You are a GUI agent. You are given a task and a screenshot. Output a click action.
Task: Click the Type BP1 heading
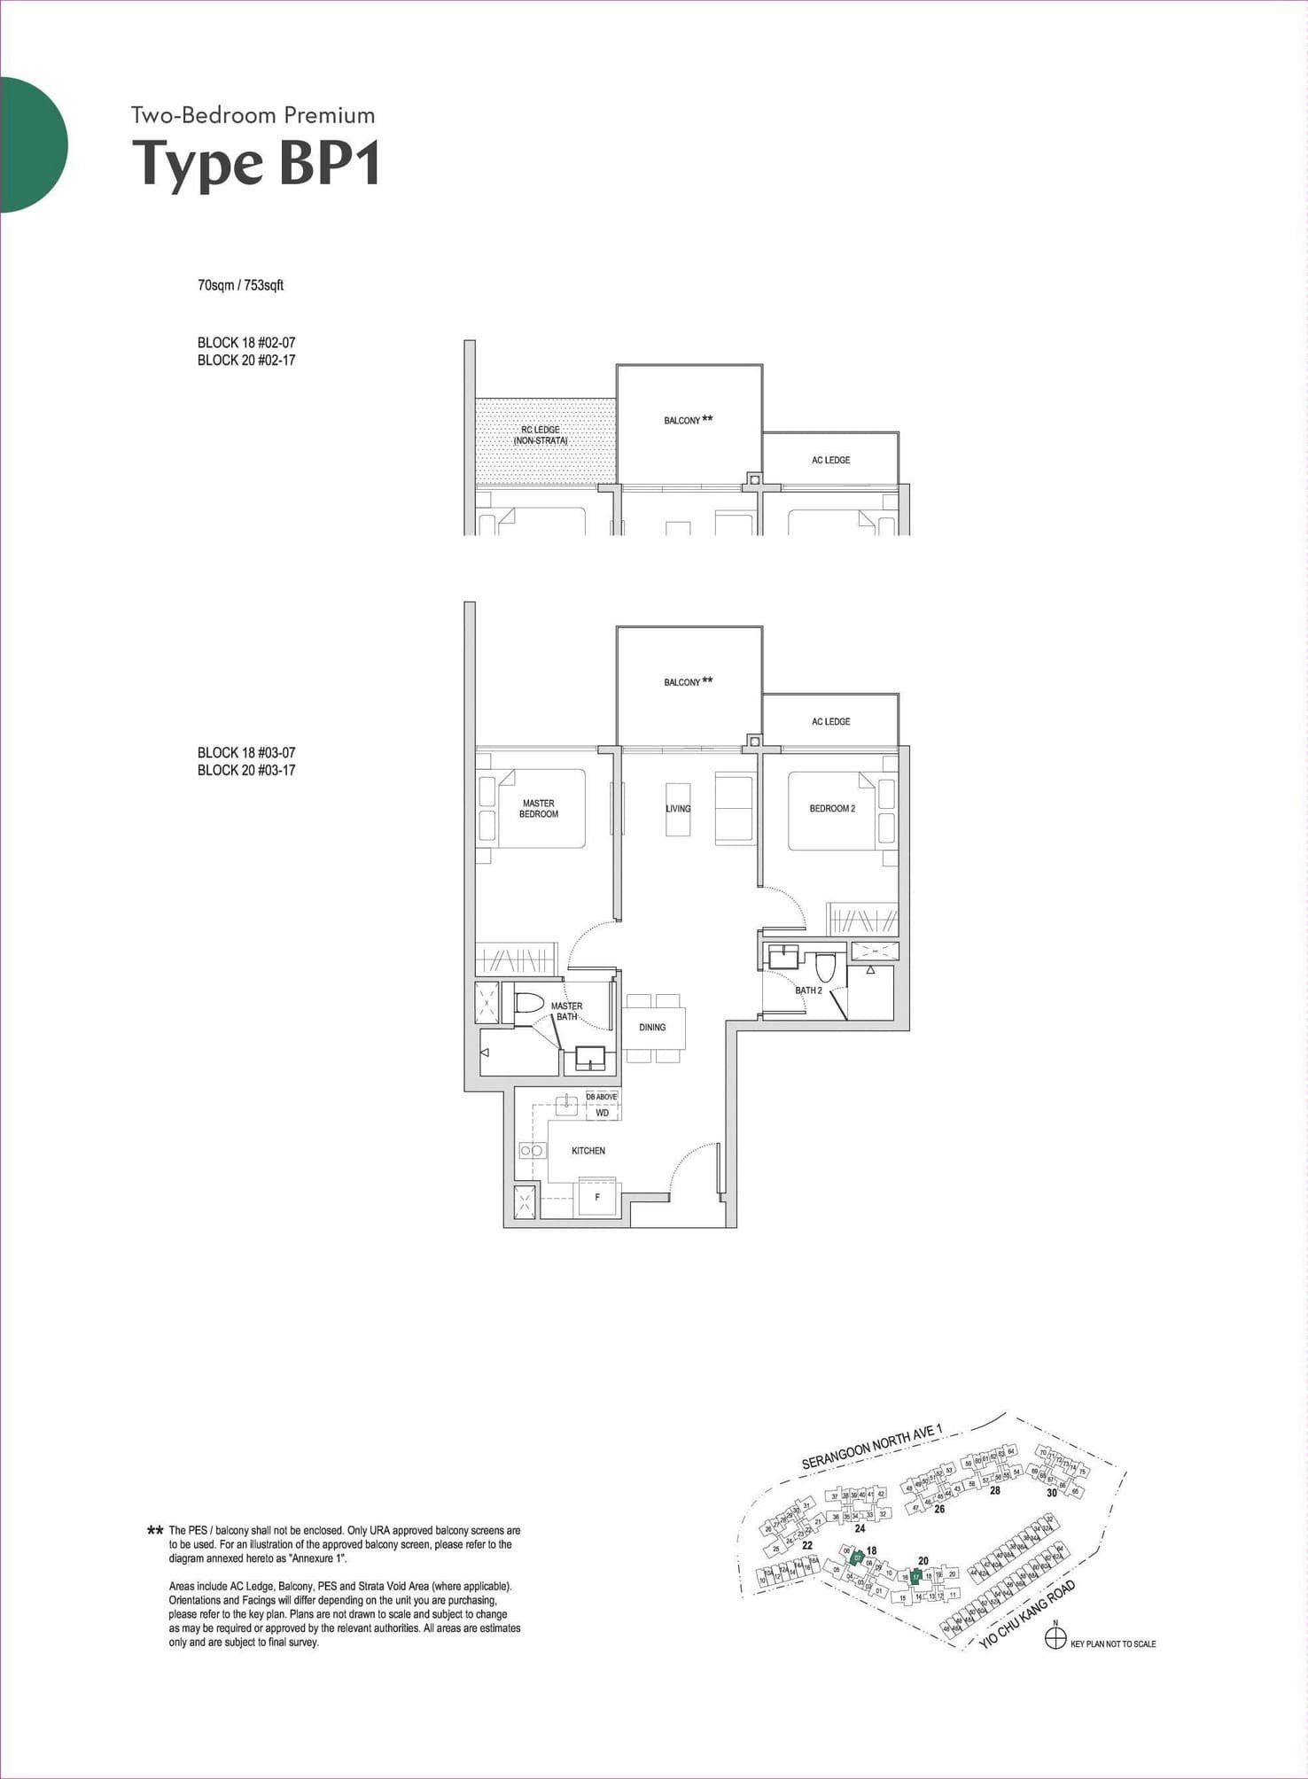pyautogui.click(x=256, y=163)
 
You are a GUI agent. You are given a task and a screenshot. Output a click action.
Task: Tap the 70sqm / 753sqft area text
pyautogui.click(x=240, y=285)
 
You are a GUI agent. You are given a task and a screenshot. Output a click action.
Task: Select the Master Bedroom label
pyautogui.click(x=539, y=808)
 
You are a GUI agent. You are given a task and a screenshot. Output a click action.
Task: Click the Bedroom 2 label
pyautogui.click(x=832, y=808)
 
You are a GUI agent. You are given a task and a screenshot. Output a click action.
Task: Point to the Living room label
pyautogui.click(x=678, y=808)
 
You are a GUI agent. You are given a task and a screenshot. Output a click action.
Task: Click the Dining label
pyautogui.click(x=652, y=1027)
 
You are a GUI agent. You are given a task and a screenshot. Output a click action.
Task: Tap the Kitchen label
pyautogui.click(x=588, y=1150)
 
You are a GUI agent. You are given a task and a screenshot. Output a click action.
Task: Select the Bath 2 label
pyautogui.click(x=808, y=990)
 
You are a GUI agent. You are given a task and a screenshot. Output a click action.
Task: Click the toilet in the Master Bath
pyautogui.click(x=529, y=1004)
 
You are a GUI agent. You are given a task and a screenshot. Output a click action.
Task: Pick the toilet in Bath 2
pyautogui.click(x=826, y=966)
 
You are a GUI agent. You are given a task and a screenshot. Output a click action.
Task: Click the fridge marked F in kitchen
pyautogui.click(x=597, y=1197)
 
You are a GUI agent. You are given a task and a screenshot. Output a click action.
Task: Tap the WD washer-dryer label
pyautogui.click(x=603, y=1113)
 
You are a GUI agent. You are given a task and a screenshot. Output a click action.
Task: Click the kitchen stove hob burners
pyautogui.click(x=532, y=1150)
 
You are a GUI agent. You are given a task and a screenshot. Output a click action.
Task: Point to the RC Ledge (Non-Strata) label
pyautogui.click(x=541, y=435)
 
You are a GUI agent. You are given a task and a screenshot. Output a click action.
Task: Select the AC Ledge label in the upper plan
pyautogui.click(x=830, y=460)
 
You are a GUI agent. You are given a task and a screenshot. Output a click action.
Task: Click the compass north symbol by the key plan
pyautogui.click(x=1055, y=1639)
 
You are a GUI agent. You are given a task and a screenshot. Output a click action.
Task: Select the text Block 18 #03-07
pyautogui.click(x=246, y=752)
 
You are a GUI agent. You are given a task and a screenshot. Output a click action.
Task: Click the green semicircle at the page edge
pyautogui.click(x=32, y=144)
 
